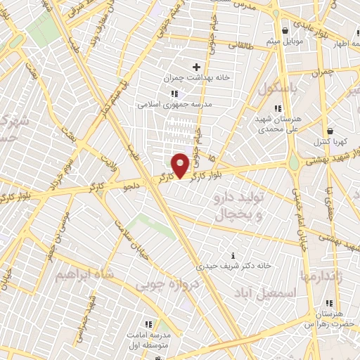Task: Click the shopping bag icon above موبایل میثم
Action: click(285, 30)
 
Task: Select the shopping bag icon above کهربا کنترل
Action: click(330, 131)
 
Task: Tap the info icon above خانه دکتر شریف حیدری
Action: click(233, 256)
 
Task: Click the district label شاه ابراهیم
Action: click(84, 272)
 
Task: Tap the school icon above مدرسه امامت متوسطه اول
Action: click(148, 324)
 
